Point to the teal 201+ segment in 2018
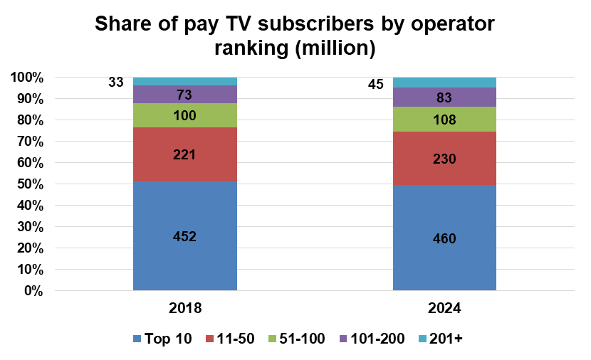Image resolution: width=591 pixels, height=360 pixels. tap(184, 81)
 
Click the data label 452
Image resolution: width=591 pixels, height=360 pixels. tap(184, 237)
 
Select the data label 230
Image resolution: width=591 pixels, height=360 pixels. tap(444, 159)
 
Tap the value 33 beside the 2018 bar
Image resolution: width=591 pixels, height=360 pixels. tap(116, 82)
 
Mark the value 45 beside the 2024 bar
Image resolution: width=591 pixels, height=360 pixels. tap(376, 85)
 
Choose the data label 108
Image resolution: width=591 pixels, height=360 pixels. tap(444, 120)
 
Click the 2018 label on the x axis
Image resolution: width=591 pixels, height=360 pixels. tap(185, 309)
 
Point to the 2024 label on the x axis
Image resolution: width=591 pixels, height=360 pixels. tap(444, 309)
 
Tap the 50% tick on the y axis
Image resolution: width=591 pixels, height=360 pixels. tap(29, 184)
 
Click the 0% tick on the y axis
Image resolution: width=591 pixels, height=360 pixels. tap(33, 291)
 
